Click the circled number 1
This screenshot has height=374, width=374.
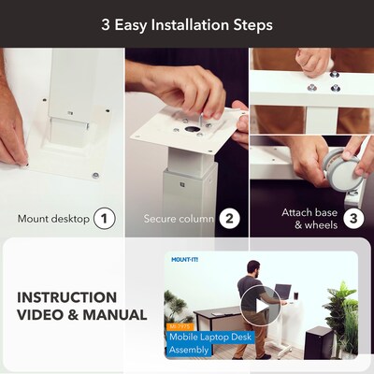pos(105,219)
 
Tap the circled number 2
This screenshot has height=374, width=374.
pos(229,219)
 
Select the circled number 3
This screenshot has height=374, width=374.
pos(353,219)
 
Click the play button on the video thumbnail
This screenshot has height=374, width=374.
pos(261,306)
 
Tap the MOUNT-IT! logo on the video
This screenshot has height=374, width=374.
pos(185,259)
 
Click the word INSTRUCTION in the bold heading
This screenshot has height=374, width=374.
pos(67,297)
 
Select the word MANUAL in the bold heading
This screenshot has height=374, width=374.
pos(115,315)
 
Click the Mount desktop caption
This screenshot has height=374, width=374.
pos(53,219)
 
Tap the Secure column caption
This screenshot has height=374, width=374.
pos(179,219)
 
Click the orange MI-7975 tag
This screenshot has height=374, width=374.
pos(180,327)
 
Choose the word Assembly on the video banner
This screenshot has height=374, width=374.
pos(189,350)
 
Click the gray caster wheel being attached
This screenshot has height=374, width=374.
pos(344,168)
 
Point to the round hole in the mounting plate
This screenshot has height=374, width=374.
pos(191,129)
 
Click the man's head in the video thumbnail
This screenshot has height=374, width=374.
pos(254,268)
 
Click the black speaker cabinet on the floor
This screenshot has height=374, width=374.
pos(318,342)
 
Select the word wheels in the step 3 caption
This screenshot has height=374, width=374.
pos(321,225)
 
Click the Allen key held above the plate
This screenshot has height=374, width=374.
pos(202,120)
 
